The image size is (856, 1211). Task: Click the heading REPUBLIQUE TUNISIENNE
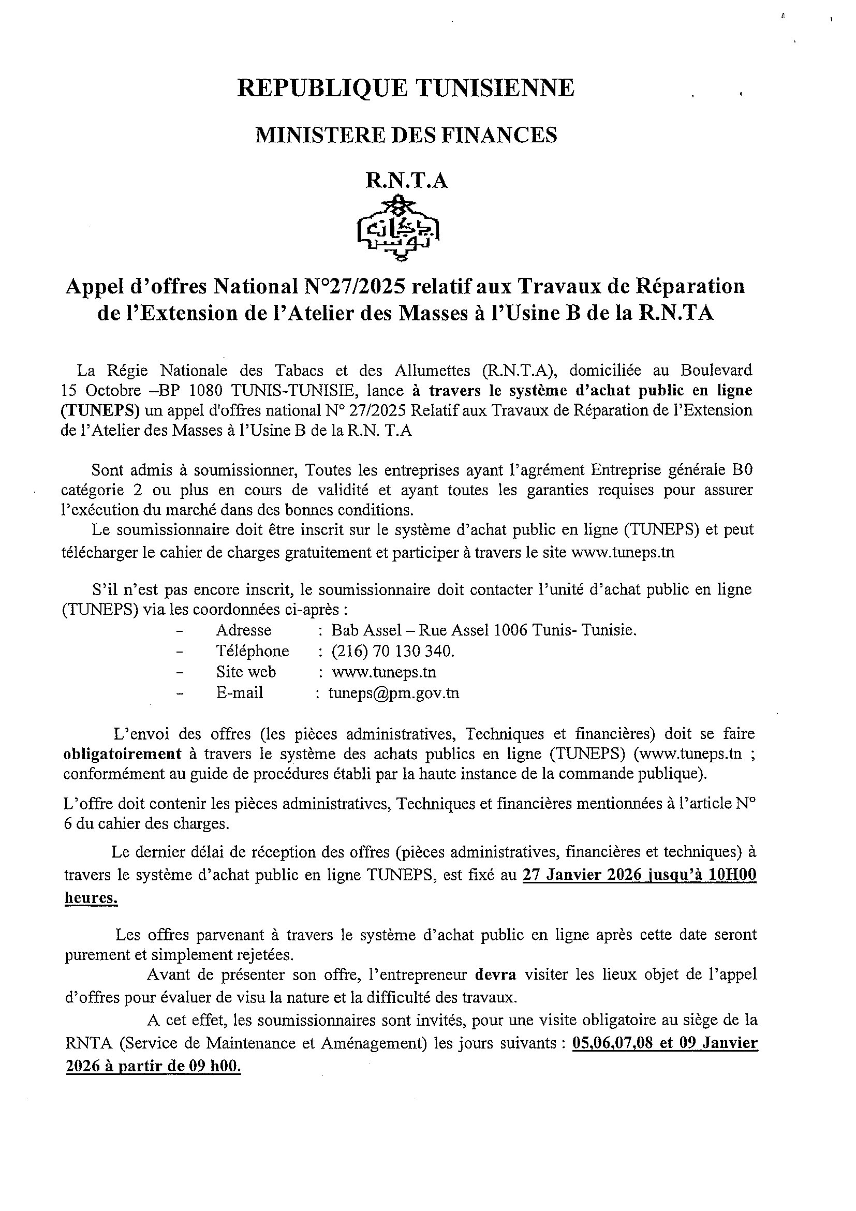point(406,88)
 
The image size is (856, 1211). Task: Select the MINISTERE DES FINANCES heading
point(406,135)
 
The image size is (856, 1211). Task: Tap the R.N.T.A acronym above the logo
point(407,181)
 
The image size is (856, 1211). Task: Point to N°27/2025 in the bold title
point(356,286)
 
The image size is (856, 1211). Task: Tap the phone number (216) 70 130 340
point(392,651)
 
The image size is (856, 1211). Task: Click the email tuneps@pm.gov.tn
point(393,693)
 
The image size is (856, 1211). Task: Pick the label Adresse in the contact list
point(244,630)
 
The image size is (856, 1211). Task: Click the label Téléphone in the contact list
point(253,651)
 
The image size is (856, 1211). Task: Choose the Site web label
point(246,672)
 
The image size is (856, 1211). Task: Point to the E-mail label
point(240,693)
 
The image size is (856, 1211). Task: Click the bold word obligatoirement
point(122,754)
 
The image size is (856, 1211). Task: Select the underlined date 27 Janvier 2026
point(582,875)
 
